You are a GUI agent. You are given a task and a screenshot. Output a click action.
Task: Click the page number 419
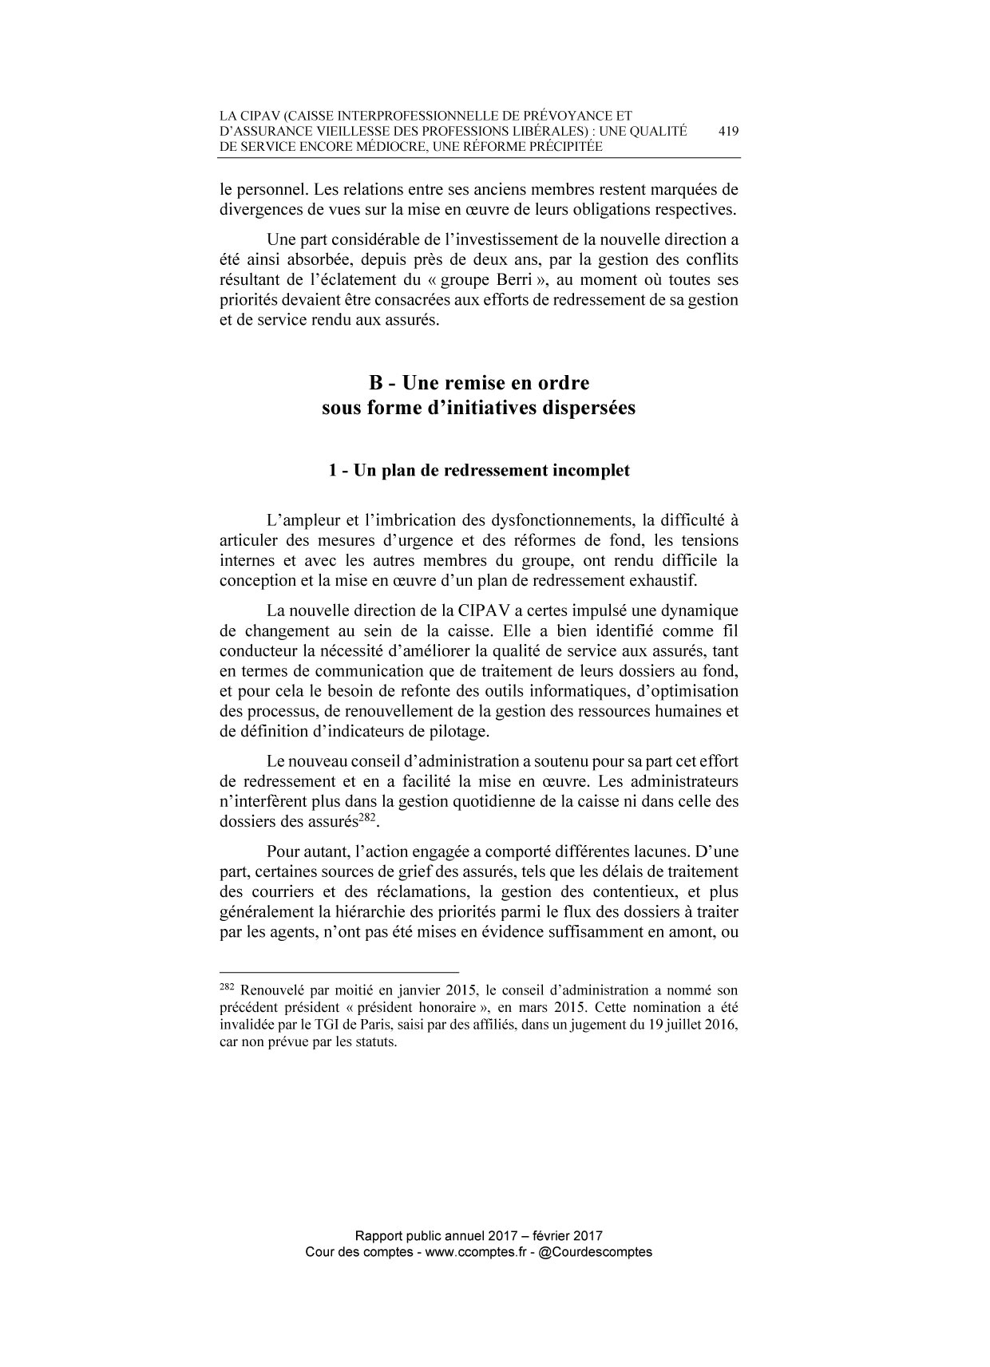pos(727,132)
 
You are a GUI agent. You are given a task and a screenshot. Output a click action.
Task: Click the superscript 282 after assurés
pos(366,817)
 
